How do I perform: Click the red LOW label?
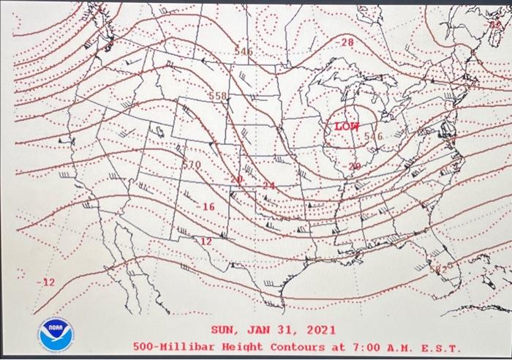[346, 127]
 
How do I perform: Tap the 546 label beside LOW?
[373, 136]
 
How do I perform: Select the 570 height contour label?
[191, 165]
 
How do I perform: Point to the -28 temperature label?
[345, 43]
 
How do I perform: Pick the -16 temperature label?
[206, 207]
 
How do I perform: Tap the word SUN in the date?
[223, 330]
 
